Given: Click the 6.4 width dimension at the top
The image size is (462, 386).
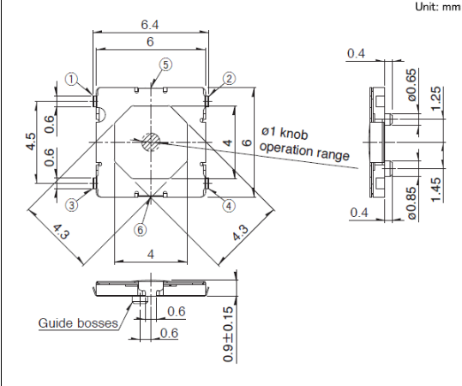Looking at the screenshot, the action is point(150,25).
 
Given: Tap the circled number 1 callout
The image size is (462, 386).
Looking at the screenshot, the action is point(71,79).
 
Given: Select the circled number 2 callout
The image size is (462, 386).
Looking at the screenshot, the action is point(229,79).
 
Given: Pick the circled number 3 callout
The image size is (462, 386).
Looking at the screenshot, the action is point(72,205).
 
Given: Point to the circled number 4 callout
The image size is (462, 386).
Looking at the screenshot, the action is point(229,206).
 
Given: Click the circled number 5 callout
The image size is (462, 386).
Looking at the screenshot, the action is point(165,64).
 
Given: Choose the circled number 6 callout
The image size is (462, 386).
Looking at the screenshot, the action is point(141,230).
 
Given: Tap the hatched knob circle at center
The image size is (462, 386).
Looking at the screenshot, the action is point(151,142).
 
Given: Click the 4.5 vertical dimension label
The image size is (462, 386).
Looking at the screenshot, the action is point(31,142).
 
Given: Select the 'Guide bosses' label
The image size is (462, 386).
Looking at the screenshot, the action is point(78,323).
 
